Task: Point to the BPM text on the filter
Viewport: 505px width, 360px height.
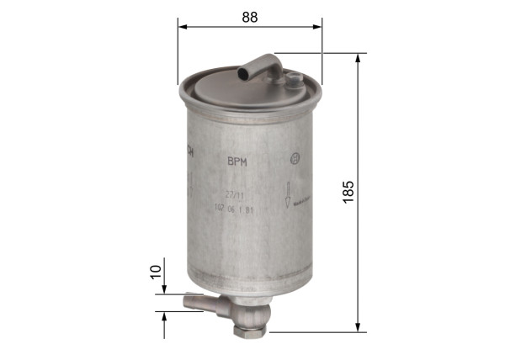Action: point(237,160)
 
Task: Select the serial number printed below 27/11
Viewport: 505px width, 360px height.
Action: point(236,208)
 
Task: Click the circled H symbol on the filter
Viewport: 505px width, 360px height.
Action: point(294,160)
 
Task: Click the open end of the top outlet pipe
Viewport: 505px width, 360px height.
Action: point(243,74)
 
